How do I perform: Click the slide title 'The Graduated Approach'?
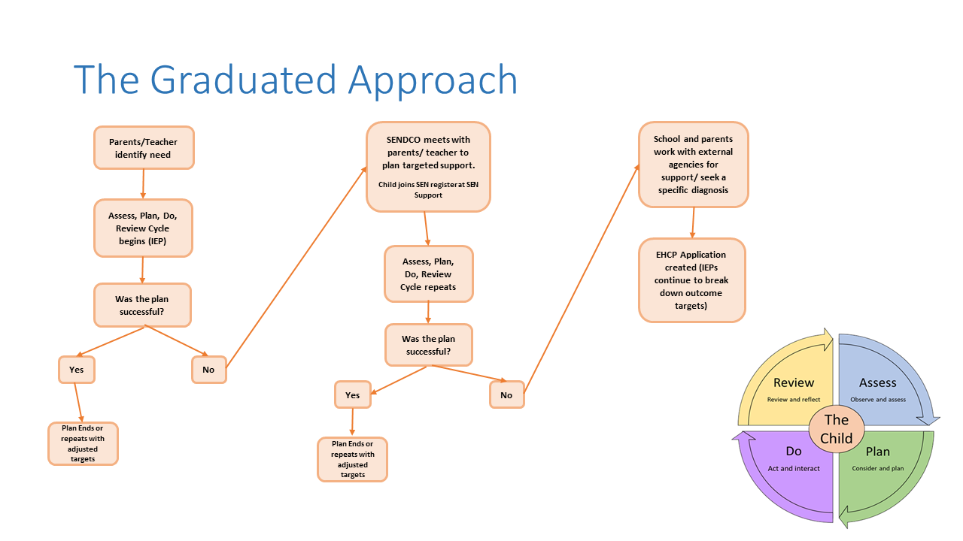point(295,80)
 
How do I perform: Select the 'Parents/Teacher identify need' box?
point(143,147)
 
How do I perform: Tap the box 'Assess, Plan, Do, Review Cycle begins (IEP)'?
point(143,228)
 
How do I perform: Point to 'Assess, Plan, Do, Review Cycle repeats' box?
point(428,274)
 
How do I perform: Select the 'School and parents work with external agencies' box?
point(693,164)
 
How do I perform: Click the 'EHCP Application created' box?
point(691,280)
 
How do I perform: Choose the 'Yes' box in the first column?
point(77,370)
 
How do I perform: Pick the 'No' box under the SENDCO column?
point(506,394)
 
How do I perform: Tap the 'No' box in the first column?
point(208,370)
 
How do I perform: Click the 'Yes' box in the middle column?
point(352,394)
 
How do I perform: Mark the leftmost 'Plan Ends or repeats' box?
point(83,443)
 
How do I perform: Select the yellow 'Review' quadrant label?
point(794,383)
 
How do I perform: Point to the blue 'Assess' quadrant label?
point(877,383)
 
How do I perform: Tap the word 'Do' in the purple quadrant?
point(794,451)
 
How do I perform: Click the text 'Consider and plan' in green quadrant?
point(877,468)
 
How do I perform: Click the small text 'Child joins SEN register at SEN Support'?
point(427,189)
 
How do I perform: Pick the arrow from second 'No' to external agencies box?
point(580,278)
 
